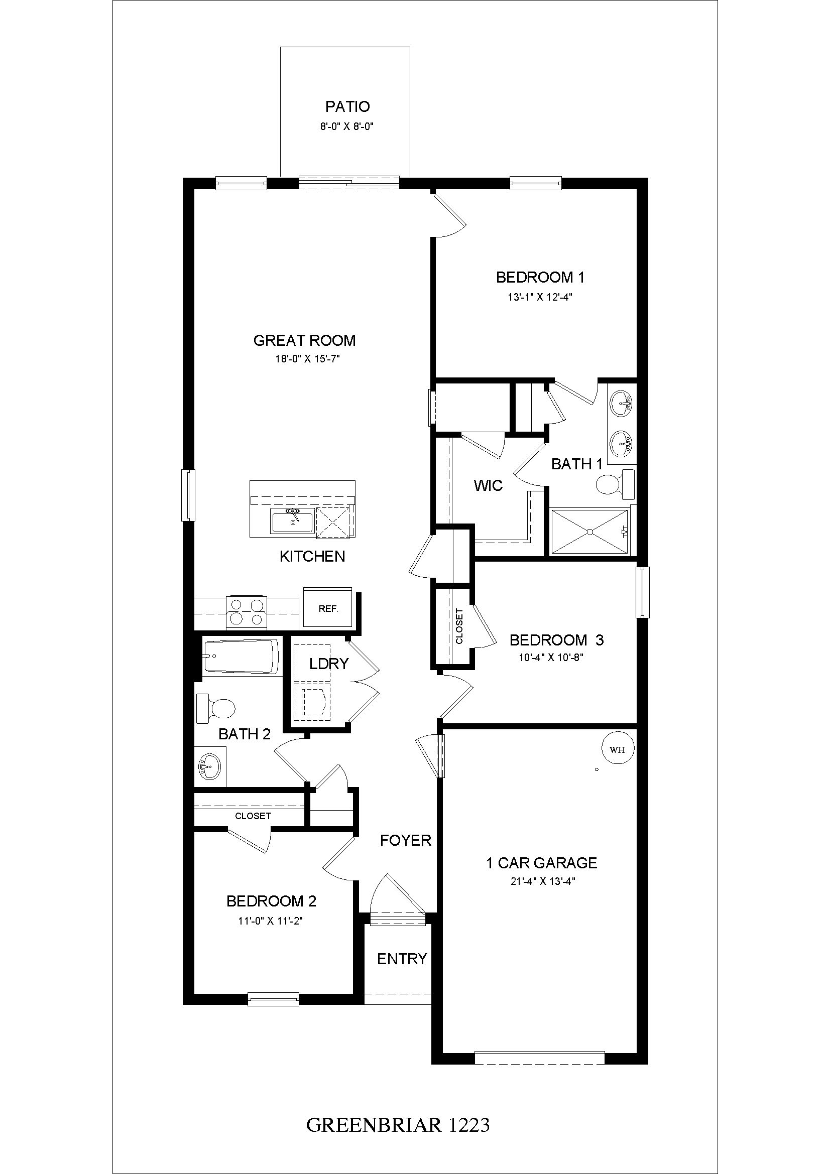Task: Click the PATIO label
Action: tap(348, 107)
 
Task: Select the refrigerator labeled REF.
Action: tap(328, 608)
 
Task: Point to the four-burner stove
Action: tap(247, 611)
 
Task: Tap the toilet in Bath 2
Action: tap(216, 708)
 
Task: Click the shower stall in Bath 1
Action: tap(590, 532)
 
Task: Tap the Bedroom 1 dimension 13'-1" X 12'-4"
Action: tap(540, 297)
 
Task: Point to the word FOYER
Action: tap(406, 840)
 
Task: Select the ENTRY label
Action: tap(402, 959)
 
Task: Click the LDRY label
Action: tap(329, 664)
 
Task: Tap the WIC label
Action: tap(489, 485)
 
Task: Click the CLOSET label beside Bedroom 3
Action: tap(459, 626)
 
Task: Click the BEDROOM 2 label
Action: tap(272, 901)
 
